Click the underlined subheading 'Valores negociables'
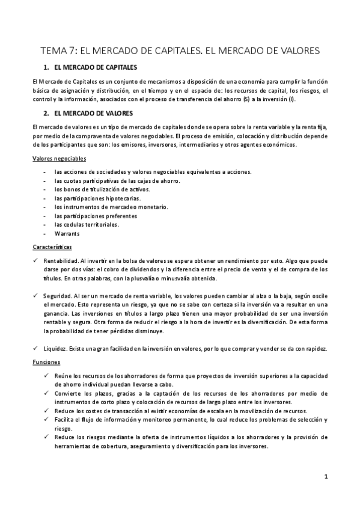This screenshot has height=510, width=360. tap(58, 158)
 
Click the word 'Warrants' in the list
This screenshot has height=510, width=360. tap(66, 233)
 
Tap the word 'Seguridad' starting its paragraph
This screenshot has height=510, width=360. tap(57, 296)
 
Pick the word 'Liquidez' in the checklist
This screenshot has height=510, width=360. tap(55, 349)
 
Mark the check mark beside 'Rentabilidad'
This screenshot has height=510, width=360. tap(36, 260)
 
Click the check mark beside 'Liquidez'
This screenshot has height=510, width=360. tap(36, 349)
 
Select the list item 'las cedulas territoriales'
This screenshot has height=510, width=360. tap(87, 224)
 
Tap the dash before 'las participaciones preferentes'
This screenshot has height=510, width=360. tap(46, 216)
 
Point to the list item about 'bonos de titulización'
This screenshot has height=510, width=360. tap(93, 189)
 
